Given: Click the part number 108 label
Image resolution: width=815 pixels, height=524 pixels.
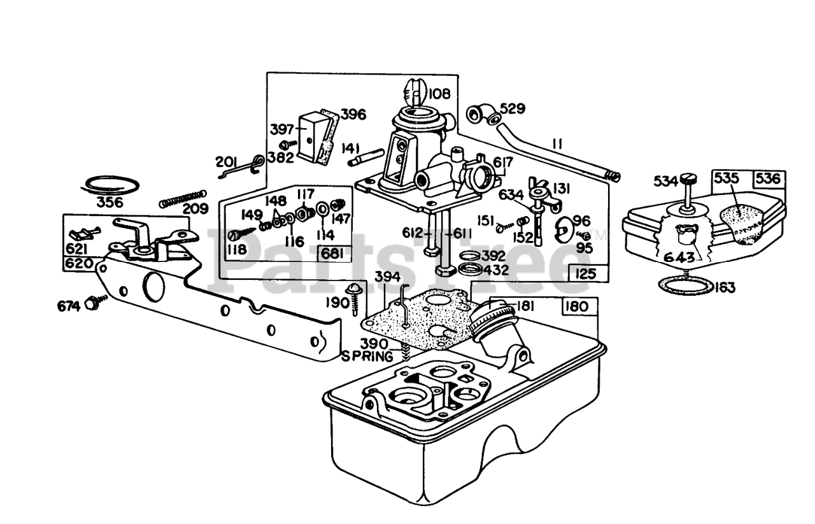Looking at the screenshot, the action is pos(439,94).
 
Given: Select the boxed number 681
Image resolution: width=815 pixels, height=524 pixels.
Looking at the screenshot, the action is pos(332,254).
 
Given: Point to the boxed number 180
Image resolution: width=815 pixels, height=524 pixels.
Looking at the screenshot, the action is pos(578,307).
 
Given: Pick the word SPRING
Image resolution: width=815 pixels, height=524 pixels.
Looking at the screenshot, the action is pos(367,356).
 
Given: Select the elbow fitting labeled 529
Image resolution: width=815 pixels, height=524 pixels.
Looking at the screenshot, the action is pos(483,114).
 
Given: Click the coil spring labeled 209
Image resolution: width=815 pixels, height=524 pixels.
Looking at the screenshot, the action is pos(183,199).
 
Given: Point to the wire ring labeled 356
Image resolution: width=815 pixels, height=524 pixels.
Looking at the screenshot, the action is pos(110,186).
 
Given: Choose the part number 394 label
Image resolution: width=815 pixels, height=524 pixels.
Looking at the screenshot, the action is pos(388,277).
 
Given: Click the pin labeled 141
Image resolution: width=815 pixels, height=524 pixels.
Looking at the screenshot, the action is pos(366,157).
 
